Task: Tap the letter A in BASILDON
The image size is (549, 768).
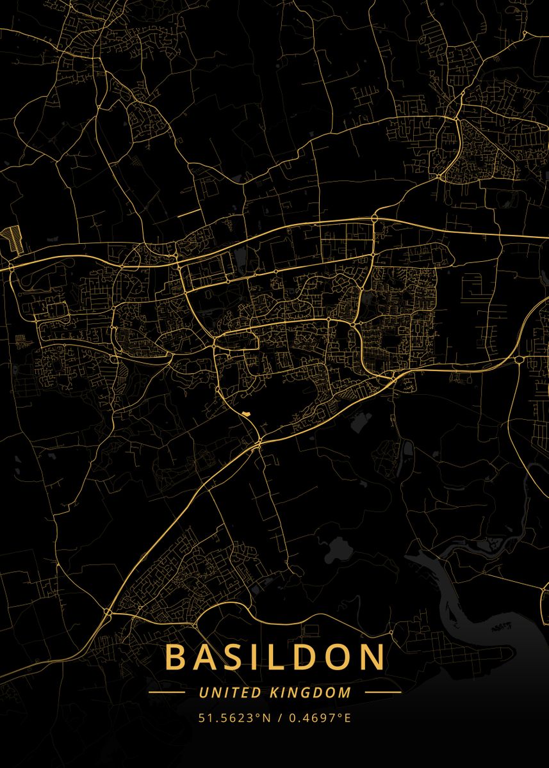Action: (x=206, y=657)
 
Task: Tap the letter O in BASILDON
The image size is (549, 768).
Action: (x=339, y=657)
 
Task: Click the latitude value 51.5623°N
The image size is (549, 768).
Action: (x=233, y=717)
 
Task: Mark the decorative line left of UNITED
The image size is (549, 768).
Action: (x=167, y=692)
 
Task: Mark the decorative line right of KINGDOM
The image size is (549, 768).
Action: (x=382, y=692)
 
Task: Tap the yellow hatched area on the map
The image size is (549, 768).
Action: (x=12, y=237)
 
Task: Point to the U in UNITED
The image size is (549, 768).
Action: (x=202, y=692)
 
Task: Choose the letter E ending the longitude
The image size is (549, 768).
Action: (x=348, y=717)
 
